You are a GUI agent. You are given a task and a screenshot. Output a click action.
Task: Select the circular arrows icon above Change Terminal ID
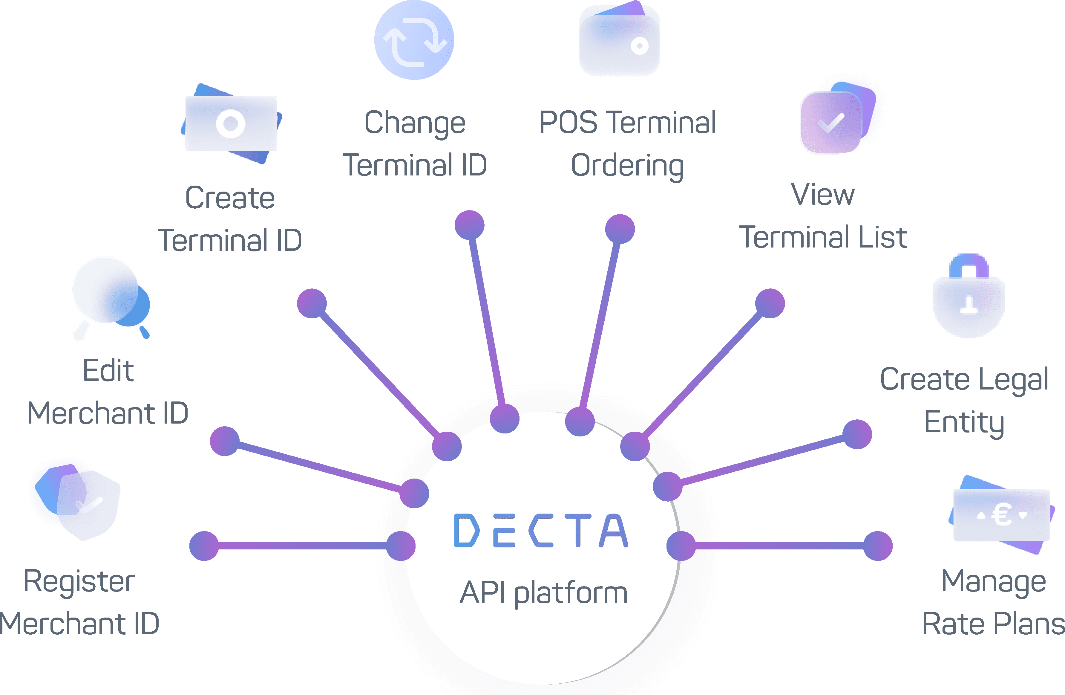[414, 40]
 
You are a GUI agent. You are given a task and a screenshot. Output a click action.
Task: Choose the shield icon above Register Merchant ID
[83, 502]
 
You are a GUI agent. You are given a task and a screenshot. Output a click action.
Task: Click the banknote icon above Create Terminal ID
[231, 123]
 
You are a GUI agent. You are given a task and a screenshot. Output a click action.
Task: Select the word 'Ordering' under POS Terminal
[627, 166]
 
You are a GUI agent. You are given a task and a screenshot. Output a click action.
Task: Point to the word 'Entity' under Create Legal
[964, 422]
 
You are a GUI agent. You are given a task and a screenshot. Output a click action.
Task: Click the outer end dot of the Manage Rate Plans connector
[877, 546]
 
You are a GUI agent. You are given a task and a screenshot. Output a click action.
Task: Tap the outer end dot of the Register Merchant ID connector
[204, 546]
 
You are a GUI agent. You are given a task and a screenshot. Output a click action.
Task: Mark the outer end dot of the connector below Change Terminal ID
[469, 225]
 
